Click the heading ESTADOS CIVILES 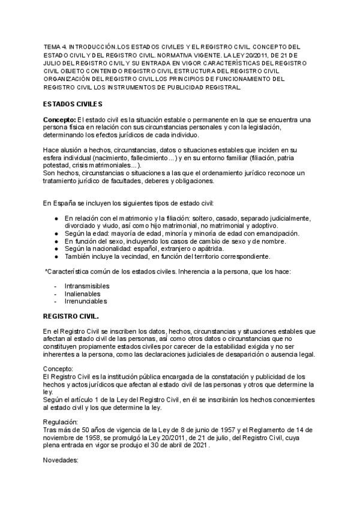click(x=73, y=104)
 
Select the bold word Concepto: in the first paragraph click(x=59, y=120)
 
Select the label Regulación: click(x=61, y=422)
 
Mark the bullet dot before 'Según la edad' click(x=56, y=233)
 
